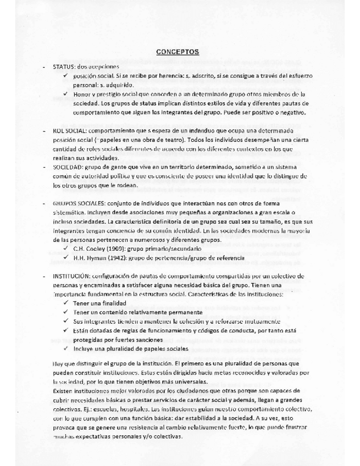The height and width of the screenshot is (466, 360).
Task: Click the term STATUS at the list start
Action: click(x=63, y=66)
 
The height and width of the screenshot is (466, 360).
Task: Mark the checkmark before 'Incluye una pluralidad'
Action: click(x=67, y=349)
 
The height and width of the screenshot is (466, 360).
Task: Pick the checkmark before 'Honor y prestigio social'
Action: click(x=67, y=95)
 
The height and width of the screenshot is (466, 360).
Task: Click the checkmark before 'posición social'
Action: click(x=67, y=75)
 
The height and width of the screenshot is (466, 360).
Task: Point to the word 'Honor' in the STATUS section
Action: click(x=82, y=95)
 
